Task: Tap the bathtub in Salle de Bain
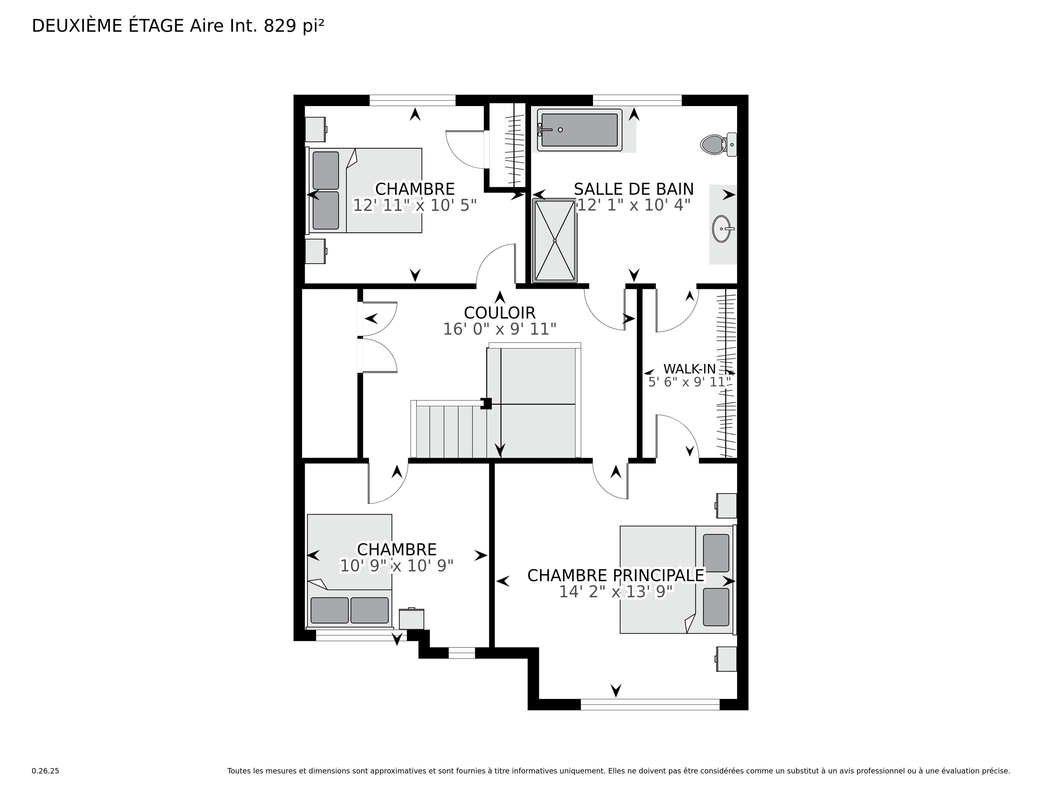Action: click(x=580, y=130)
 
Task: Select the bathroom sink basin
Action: click(x=722, y=229)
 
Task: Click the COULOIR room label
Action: click(x=500, y=313)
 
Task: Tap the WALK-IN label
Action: click(x=689, y=369)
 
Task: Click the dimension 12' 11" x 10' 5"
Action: click(x=415, y=205)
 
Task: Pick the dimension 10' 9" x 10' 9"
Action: click(x=397, y=566)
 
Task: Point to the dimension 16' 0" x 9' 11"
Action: click(x=500, y=329)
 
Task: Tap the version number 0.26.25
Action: click(x=45, y=771)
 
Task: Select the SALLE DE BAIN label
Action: click(x=634, y=189)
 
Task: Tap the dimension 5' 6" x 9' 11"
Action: click(x=689, y=382)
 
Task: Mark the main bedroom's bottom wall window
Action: click(x=650, y=704)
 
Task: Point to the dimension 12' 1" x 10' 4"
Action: click(x=634, y=205)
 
